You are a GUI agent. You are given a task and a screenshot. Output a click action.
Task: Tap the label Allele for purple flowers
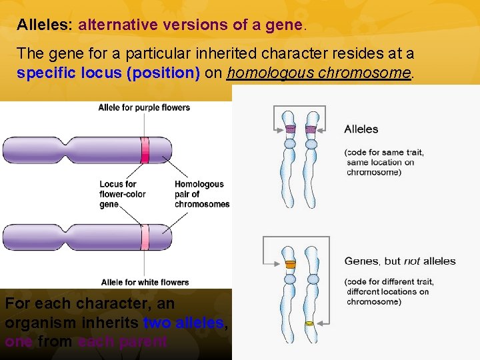(x=144, y=107)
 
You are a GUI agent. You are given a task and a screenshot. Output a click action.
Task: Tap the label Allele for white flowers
(x=145, y=282)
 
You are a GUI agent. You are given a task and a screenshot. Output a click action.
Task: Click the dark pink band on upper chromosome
(x=145, y=149)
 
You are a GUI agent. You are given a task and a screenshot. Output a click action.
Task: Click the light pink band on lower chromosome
(x=145, y=238)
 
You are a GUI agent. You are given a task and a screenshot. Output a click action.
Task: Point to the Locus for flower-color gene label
(x=122, y=194)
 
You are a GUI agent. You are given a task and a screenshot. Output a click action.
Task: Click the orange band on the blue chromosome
(x=290, y=265)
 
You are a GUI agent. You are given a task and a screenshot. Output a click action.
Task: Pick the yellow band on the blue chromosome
(x=309, y=323)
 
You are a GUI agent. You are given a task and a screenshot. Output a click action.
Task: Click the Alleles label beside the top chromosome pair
(x=361, y=129)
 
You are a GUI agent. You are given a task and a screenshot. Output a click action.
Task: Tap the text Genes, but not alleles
(x=399, y=261)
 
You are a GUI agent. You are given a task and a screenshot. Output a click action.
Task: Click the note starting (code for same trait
(x=383, y=162)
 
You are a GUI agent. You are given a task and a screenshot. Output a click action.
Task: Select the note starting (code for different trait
(x=387, y=291)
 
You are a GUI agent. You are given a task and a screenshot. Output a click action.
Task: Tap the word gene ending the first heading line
(x=284, y=25)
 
